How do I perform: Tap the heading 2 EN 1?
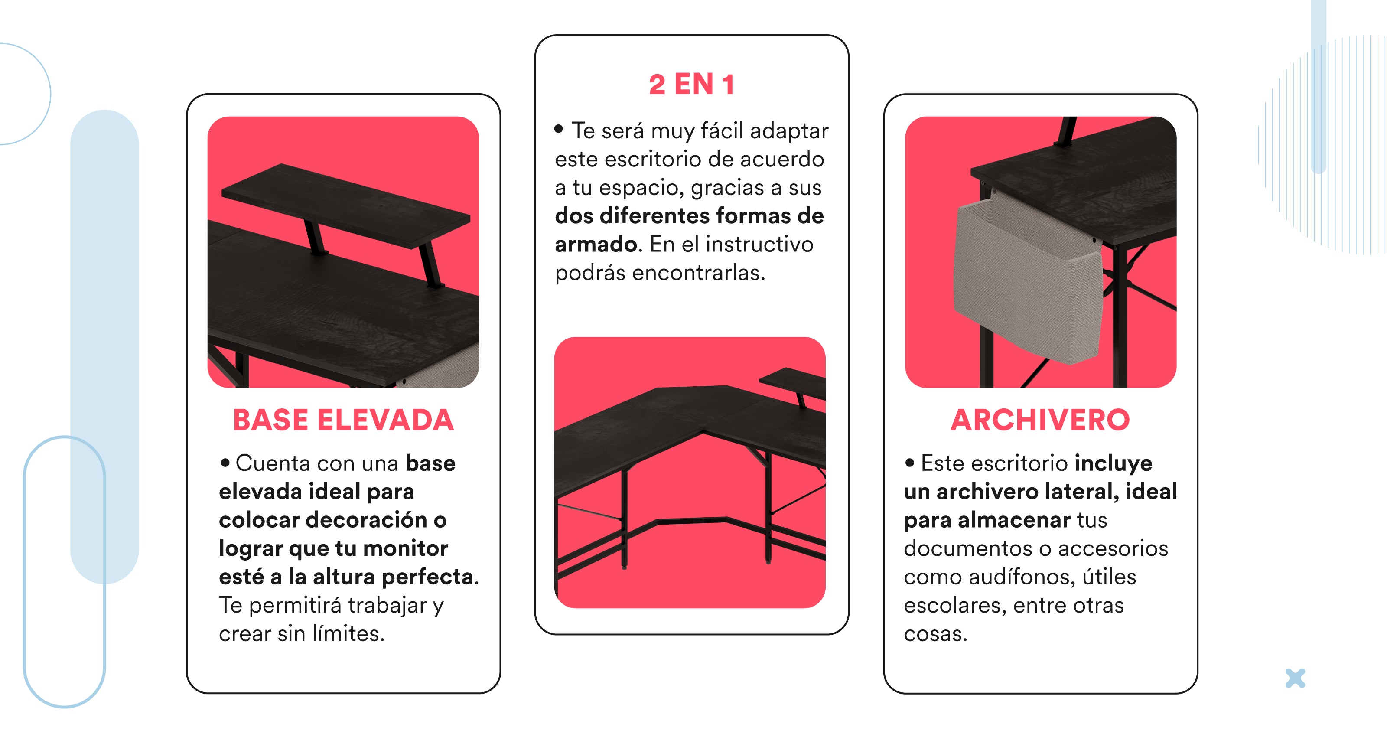pyautogui.click(x=691, y=84)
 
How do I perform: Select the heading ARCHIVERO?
pyautogui.click(x=1040, y=420)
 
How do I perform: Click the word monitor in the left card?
pyautogui.click(x=405, y=548)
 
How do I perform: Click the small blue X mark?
pyautogui.click(x=1295, y=678)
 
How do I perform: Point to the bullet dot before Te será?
pyautogui.click(x=558, y=129)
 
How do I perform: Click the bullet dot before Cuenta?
pyautogui.click(x=225, y=462)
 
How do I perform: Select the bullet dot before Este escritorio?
pyautogui.click(x=910, y=462)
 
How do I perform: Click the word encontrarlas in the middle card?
pyautogui.click(x=698, y=273)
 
